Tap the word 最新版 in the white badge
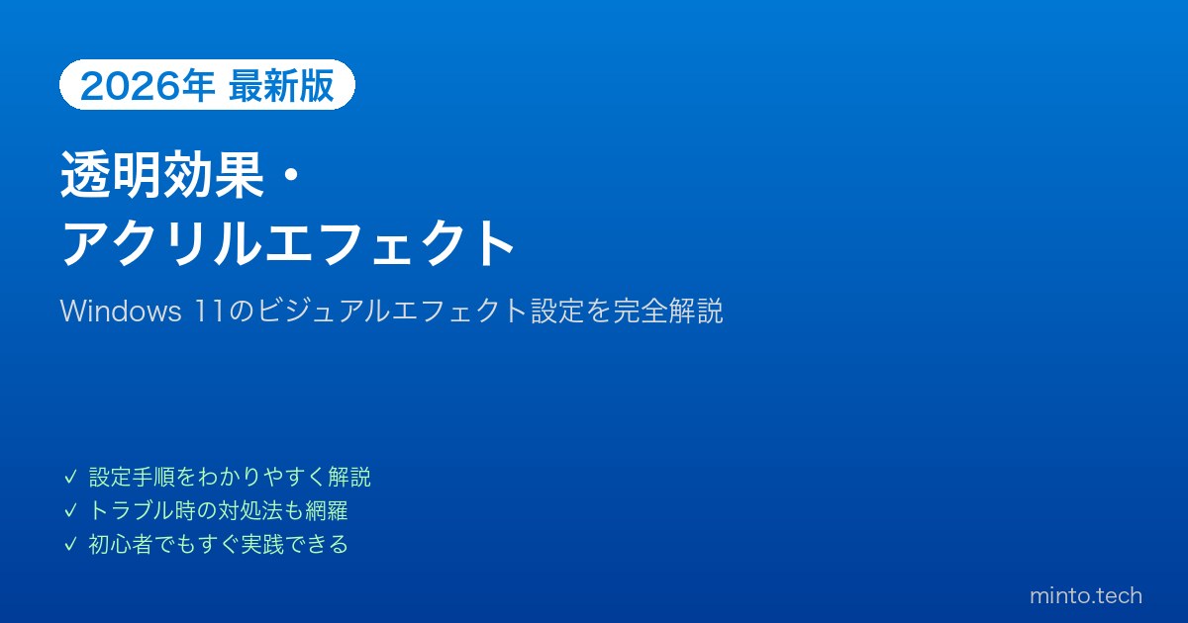[x=281, y=85]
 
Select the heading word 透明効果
[x=162, y=175]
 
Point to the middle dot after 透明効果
[x=290, y=175]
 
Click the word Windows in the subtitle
[x=121, y=311]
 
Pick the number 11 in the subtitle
[x=210, y=311]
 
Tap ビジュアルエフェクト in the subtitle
[x=391, y=311]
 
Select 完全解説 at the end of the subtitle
[x=667, y=311]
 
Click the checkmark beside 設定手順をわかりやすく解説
[x=70, y=477]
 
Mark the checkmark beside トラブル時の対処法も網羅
[x=70, y=510]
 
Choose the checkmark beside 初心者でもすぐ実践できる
[x=70, y=545]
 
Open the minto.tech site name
[x=1086, y=596]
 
